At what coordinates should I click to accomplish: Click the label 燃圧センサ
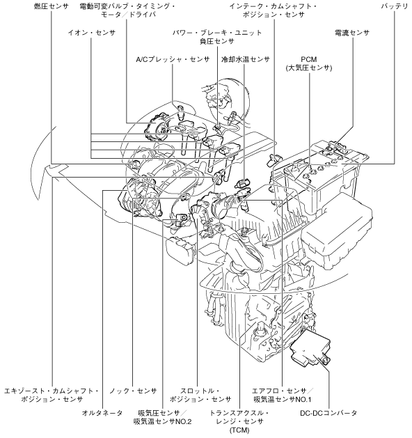click(51, 6)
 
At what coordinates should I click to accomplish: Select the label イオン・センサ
click(92, 33)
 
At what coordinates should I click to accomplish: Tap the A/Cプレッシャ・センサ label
click(173, 59)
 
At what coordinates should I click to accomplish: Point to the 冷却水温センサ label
click(246, 59)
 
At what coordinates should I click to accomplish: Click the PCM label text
click(309, 59)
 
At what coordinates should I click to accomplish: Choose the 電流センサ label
click(352, 33)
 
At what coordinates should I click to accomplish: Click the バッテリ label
click(395, 6)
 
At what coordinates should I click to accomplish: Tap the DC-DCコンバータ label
click(328, 413)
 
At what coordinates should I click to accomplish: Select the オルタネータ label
click(102, 413)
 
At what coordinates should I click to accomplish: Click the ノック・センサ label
click(133, 391)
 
